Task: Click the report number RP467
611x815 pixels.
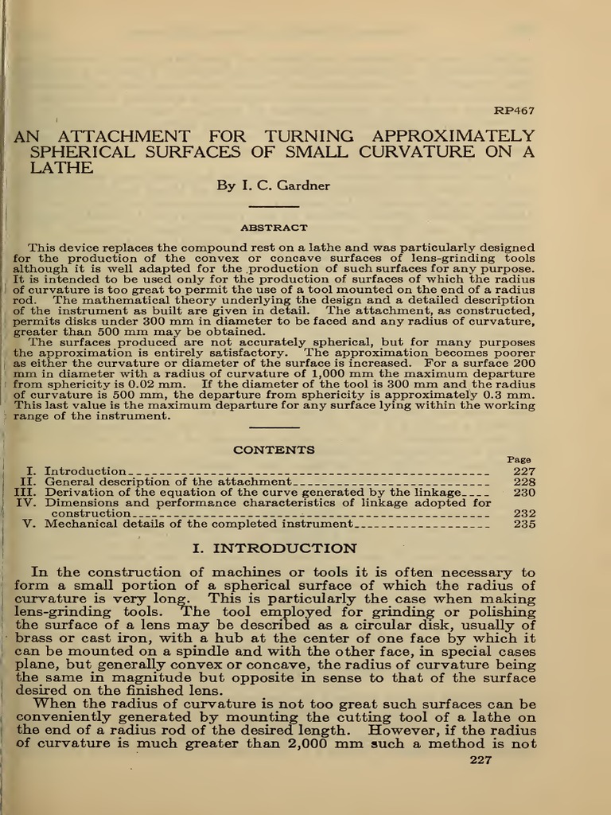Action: (x=515, y=111)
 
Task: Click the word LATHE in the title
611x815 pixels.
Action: (x=61, y=168)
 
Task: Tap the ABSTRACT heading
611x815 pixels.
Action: (x=273, y=228)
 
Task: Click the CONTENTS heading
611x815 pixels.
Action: (x=273, y=450)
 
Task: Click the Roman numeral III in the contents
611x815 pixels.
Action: (x=25, y=493)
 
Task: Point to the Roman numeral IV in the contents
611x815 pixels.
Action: (x=25, y=503)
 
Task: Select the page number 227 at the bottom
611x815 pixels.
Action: (x=481, y=759)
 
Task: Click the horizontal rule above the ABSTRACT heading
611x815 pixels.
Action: (x=273, y=209)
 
